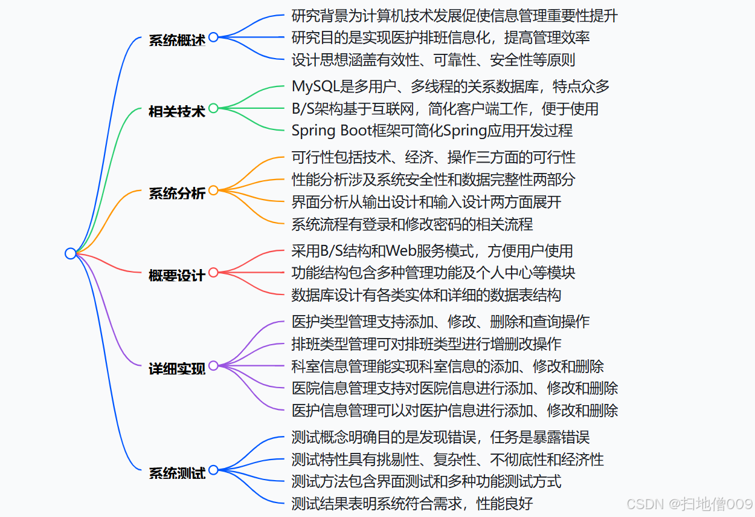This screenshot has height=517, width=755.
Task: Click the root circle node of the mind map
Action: pyautogui.click(x=71, y=253)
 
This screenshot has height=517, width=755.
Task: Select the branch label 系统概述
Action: pyautogui.click(x=177, y=40)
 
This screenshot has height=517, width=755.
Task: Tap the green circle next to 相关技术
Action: pyautogui.click(x=213, y=108)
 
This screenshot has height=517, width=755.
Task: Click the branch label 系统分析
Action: pyautogui.click(x=177, y=193)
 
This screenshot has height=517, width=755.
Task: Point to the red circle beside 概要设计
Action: pyautogui.click(x=213, y=273)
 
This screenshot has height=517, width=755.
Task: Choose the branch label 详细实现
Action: pyautogui.click(x=177, y=368)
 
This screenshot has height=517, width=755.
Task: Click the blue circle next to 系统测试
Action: pyautogui.click(x=213, y=470)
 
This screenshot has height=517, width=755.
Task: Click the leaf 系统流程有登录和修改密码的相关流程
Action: pyautogui.click(x=412, y=224)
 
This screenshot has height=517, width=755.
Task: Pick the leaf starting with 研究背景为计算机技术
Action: pyautogui.click(x=454, y=16)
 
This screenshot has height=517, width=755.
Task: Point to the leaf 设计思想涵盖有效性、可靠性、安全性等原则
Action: pyautogui.click(x=433, y=60)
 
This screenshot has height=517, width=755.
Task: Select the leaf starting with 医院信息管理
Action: pyautogui.click(x=454, y=388)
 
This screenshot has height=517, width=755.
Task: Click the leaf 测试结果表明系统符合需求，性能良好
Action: pyautogui.click(x=412, y=503)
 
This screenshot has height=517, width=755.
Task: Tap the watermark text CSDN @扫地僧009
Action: pyautogui.click(x=689, y=504)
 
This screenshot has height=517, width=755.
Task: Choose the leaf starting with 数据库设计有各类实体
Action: pyautogui.click(x=426, y=295)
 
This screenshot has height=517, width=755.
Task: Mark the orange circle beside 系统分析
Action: pyautogui.click(x=213, y=190)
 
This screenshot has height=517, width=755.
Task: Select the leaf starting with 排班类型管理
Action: pyautogui.click(x=426, y=344)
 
